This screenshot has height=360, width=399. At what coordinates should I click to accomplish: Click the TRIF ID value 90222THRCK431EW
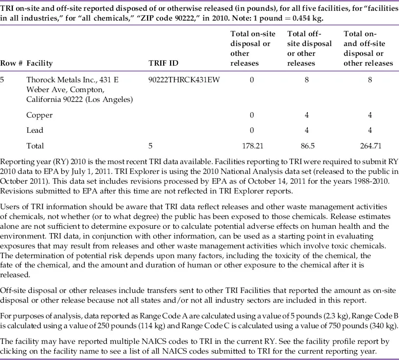(x=184, y=80)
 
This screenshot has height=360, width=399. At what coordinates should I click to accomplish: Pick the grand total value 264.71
(x=370, y=145)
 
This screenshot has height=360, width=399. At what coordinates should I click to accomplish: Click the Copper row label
(x=39, y=115)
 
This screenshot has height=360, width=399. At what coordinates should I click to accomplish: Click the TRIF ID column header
(x=163, y=63)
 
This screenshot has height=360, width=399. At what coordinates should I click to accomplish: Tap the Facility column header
(x=40, y=63)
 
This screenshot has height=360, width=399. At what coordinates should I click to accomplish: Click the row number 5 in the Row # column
(x=3, y=80)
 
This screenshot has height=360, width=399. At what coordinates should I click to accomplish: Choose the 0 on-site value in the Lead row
(x=252, y=130)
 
